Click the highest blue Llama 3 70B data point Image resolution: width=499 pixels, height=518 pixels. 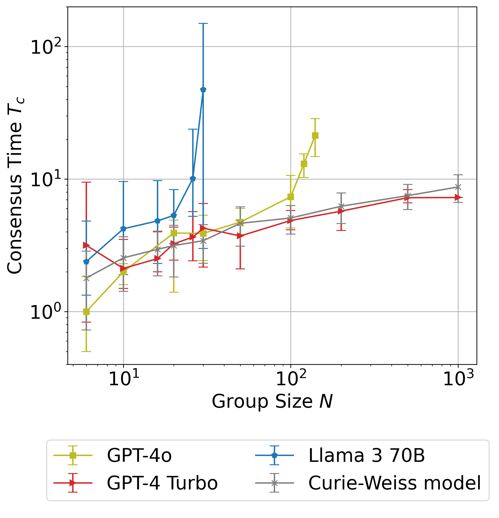tap(203, 90)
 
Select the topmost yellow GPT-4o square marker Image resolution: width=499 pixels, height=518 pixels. tap(315, 136)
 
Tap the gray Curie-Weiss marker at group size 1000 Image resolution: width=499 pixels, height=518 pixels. tap(458, 187)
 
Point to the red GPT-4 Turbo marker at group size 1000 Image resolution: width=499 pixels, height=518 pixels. tap(458, 197)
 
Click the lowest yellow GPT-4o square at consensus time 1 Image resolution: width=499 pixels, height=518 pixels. tap(86, 312)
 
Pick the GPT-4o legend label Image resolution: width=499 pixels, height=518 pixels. tap(139, 455)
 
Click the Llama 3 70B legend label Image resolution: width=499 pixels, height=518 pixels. tap(367, 455)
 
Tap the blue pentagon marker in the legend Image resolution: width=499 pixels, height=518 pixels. tap(275, 455)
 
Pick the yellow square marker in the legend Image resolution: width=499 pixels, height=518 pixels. tap(73, 455)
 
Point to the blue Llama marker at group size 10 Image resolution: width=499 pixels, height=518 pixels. tap(123, 229)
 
